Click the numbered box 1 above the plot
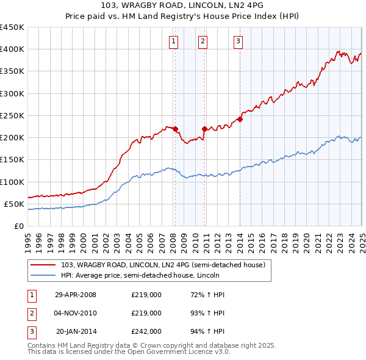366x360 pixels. pyautogui.click(x=174, y=41)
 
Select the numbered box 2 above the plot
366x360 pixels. pyautogui.click(x=203, y=41)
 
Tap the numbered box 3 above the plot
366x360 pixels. pyautogui.click(x=237, y=41)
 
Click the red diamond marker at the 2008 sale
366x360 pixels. pyautogui.click(x=175, y=129)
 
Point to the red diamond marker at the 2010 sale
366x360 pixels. pyautogui.click(x=204, y=129)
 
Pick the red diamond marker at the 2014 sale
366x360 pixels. pyautogui.click(x=240, y=119)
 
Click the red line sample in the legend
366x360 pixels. pyautogui.click(x=43, y=265)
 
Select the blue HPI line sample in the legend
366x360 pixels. pyautogui.click(x=43, y=275)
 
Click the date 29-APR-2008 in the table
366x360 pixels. pyautogui.click(x=76, y=295)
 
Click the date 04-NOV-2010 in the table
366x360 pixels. pyautogui.click(x=76, y=313)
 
